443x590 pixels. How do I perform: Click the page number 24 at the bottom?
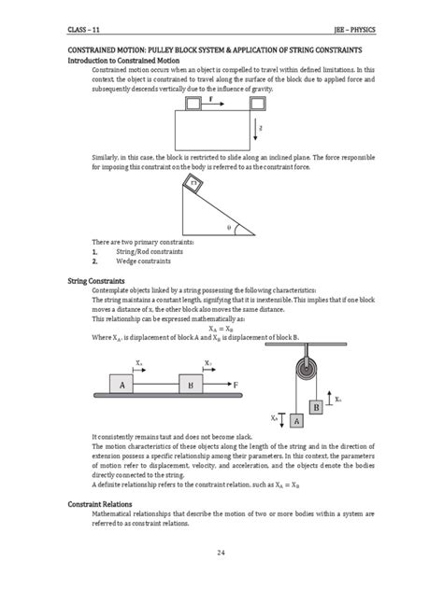(221, 553)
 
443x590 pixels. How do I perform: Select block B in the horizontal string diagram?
(191, 384)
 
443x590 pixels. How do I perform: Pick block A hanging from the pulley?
(297, 421)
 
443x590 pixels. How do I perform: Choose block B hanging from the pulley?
(317, 407)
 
